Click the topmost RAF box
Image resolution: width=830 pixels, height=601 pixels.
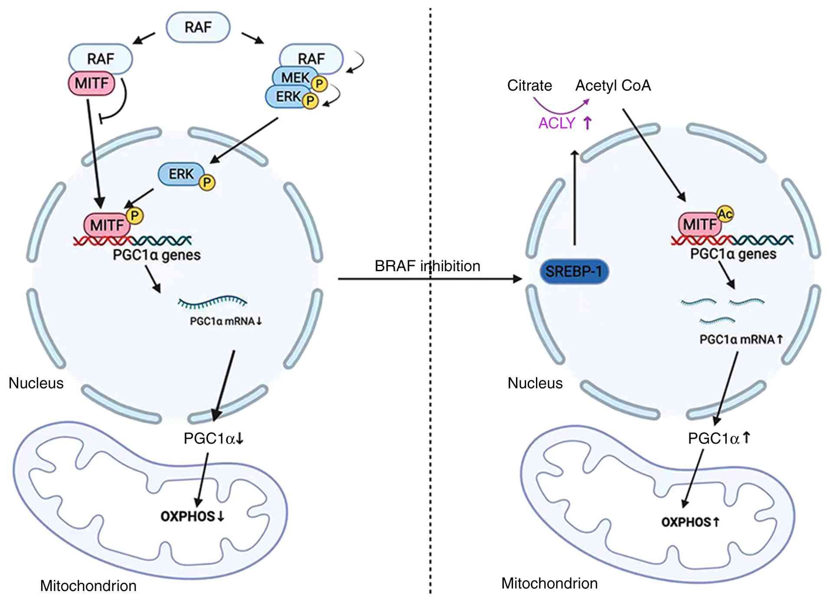(198, 27)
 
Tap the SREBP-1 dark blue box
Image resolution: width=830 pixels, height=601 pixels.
(574, 272)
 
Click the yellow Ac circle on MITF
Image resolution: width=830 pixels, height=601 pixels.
(725, 213)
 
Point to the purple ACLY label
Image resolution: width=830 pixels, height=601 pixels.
(557, 123)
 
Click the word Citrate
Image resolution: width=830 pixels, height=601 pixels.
(529, 85)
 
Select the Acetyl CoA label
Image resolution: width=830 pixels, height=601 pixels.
(613, 85)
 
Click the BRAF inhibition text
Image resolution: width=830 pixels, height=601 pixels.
(427, 266)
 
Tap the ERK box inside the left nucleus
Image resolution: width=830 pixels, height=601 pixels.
(180, 174)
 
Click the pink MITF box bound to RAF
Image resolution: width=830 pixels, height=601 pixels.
(91, 83)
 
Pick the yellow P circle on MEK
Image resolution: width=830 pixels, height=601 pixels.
(320, 83)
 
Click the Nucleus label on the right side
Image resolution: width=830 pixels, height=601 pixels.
(535, 383)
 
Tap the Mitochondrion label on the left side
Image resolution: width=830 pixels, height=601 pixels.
(88, 586)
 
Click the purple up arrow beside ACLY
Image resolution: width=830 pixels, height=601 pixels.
(587, 123)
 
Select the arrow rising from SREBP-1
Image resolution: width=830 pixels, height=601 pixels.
(575, 197)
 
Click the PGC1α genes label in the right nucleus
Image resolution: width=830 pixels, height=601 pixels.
(733, 254)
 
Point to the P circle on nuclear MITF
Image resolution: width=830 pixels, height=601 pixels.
(135, 215)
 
